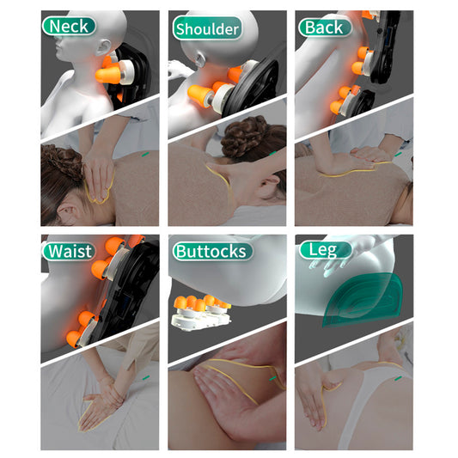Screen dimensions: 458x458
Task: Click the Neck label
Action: [x=69, y=27]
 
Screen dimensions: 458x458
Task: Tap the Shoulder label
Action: [x=207, y=28]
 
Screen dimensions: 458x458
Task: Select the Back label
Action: [x=325, y=27]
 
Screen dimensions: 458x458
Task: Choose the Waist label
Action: [x=70, y=251]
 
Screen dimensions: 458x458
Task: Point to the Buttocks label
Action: [x=212, y=251]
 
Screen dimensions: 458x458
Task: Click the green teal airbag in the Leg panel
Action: [x=363, y=300]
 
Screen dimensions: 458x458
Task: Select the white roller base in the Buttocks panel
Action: [x=201, y=319]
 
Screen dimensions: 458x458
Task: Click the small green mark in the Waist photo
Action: [x=146, y=377]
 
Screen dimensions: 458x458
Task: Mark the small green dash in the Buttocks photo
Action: [x=272, y=379]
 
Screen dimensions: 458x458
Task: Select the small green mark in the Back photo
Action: [x=399, y=154]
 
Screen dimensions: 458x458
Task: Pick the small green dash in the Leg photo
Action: [x=399, y=379]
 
